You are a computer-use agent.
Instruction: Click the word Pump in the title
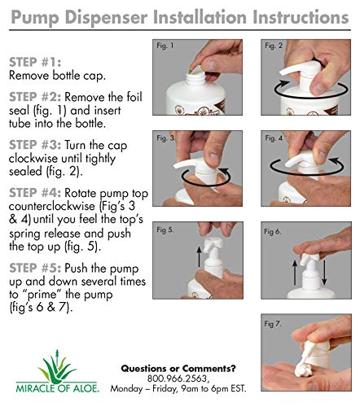pyautogui.click(x=35, y=18)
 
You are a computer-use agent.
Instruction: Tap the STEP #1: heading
pyautogui.click(x=35, y=62)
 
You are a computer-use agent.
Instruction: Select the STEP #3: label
pyautogui.click(x=35, y=145)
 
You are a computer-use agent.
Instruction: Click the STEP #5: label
pyautogui.click(x=35, y=268)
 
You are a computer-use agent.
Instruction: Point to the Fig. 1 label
pyautogui.click(x=165, y=46)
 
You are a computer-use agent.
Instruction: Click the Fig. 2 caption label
pyautogui.click(x=274, y=46)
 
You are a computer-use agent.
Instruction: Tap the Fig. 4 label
pyautogui.click(x=274, y=138)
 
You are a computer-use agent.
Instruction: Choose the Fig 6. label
pyautogui.click(x=273, y=231)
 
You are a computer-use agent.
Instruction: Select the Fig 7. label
pyautogui.click(x=273, y=324)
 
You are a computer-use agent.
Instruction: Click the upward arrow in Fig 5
pyautogui.click(x=200, y=256)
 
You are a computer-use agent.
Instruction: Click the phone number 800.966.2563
pyautogui.click(x=178, y=379)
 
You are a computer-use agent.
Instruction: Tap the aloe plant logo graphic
pyautogui.click(x=58, y=366)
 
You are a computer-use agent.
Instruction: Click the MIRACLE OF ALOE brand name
pyautogui.click(x=58, y=388)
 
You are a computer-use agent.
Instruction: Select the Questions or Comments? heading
pyautogui.click(x=178, y=369)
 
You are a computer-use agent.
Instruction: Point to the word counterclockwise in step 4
pyautogui.click(x=52, y=206)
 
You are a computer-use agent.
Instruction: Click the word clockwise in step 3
pyautogui.click(x=33, y=158)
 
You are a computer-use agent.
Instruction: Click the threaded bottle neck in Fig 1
pyautogui.click(x=195, y=79)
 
